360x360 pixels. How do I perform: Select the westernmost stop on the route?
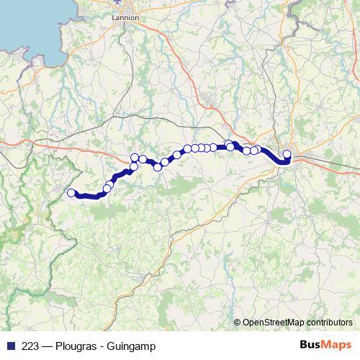coord(71,192)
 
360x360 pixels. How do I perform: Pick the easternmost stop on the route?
coord(287,153)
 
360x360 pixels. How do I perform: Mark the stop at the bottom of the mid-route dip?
coord(158,168)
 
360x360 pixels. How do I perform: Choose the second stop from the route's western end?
coord(107,189)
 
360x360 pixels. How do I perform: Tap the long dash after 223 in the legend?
coord(47,346)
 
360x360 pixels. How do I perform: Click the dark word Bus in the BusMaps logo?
coord(310,346)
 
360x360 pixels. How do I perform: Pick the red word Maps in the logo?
coord(336,346)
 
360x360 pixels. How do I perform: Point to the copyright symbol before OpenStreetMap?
coord(238,322)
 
